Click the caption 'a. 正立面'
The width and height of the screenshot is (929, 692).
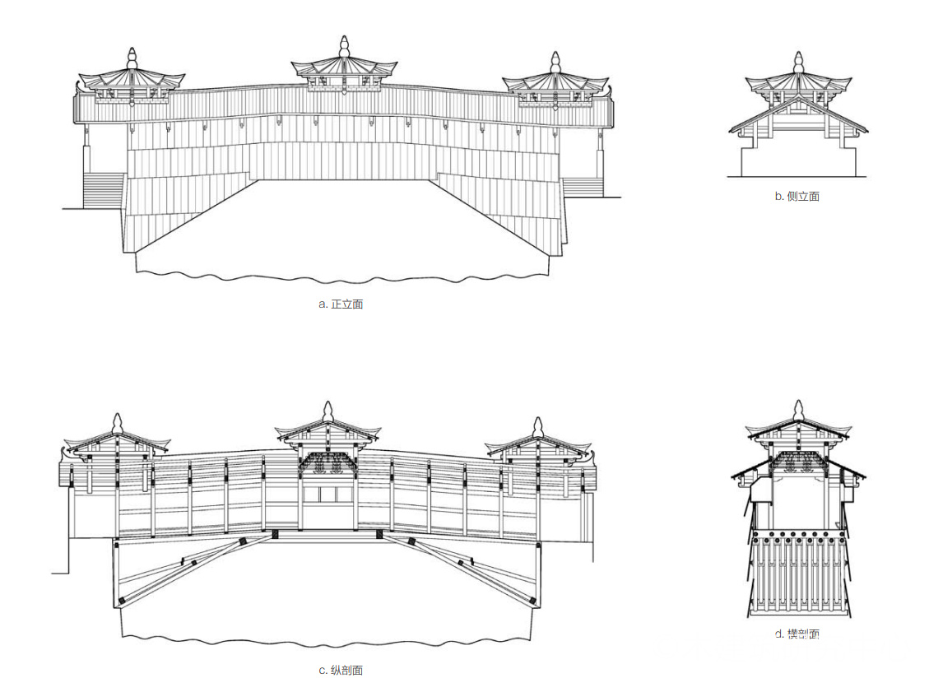tap(341, 304)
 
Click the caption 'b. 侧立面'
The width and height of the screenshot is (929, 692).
tap(797, 197)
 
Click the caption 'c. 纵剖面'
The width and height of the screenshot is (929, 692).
tap(341, 670)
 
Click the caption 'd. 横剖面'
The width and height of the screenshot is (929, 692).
tap(797, 634)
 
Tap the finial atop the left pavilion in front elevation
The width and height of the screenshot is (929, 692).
tap(132, 59)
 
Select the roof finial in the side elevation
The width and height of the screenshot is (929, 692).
tap(797, 63)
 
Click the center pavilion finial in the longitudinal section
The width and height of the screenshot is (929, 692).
tap(328, 411)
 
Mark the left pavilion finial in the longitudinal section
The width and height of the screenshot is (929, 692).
tap(118, 423)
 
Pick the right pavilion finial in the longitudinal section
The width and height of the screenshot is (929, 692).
tap(538, 426)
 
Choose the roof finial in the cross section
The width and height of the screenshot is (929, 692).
tap(797, 410)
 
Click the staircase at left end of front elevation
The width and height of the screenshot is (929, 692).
tap(104, 189)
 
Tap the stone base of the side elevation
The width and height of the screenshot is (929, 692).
tap(797, 161)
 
